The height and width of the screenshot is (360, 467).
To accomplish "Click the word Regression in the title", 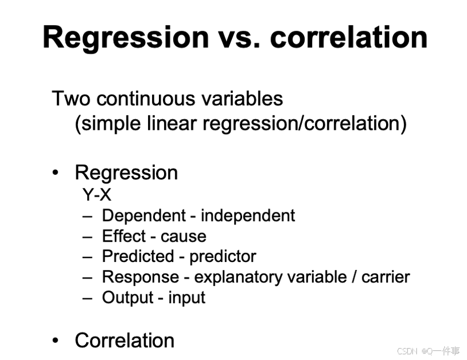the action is tap(126, 38).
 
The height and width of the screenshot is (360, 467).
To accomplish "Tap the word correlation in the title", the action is tap(349, 37).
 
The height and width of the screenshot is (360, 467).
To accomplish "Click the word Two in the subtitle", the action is tap(71, 99).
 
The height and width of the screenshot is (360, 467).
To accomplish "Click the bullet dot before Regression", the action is tap(55, 173).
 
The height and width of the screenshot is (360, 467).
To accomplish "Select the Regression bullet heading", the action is tap(126, 173).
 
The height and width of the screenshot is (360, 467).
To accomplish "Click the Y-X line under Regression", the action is tap(97, 195).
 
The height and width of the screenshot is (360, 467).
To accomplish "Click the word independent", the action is tap(248, 215).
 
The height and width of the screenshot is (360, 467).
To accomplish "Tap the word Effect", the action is tap(124, 236).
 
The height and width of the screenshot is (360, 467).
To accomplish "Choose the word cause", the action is tap(183, 238).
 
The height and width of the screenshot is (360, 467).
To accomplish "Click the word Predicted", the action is tap(138, 256).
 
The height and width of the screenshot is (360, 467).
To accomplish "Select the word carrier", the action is tap(386, 277).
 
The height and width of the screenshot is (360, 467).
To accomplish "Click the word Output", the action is tap(128, 298).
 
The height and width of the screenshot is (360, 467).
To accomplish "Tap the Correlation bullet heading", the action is tap(125, 340).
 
